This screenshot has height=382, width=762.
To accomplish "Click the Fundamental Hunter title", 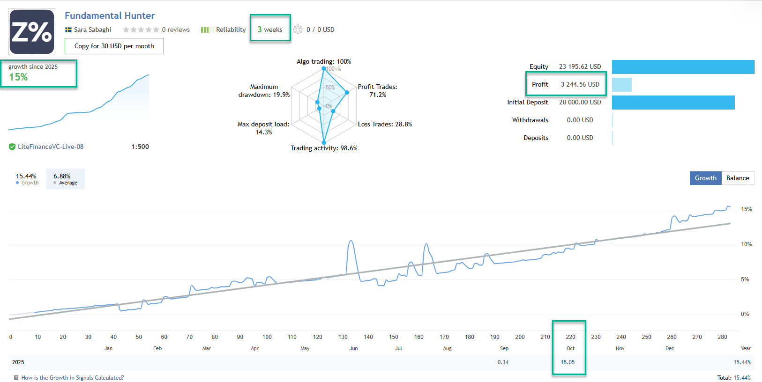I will coord(110,15).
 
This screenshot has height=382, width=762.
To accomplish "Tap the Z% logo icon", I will coord(32,32).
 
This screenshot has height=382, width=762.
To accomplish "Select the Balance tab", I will coord(738,178).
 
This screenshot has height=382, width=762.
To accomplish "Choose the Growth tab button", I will coord(705,178).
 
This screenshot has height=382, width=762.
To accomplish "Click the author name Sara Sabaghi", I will coord(92,29).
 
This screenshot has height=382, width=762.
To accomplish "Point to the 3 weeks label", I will coord(270,29).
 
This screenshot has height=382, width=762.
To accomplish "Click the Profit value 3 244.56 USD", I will coord(580,84).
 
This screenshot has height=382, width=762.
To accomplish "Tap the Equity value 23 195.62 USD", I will coord(580,66).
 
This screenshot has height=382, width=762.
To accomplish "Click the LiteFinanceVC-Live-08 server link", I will coord(51,147).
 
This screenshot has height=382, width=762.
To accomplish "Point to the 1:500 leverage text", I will coord(140,147).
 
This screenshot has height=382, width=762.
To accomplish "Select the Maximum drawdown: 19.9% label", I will coord(264,91).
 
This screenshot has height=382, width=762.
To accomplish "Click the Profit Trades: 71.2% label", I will coord(377,91).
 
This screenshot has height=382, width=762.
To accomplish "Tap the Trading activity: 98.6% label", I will coord(324,148).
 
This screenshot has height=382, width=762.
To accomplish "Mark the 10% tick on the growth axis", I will coord(746,244).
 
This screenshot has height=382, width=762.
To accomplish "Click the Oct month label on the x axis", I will coord(570,348).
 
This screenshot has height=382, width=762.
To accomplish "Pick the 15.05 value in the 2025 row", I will coord(568,362).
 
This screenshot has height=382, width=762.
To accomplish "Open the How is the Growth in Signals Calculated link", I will coord(73,378).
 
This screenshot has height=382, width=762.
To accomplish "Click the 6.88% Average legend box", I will coord(65,179).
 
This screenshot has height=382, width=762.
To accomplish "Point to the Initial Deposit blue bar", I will coord(673,103).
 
